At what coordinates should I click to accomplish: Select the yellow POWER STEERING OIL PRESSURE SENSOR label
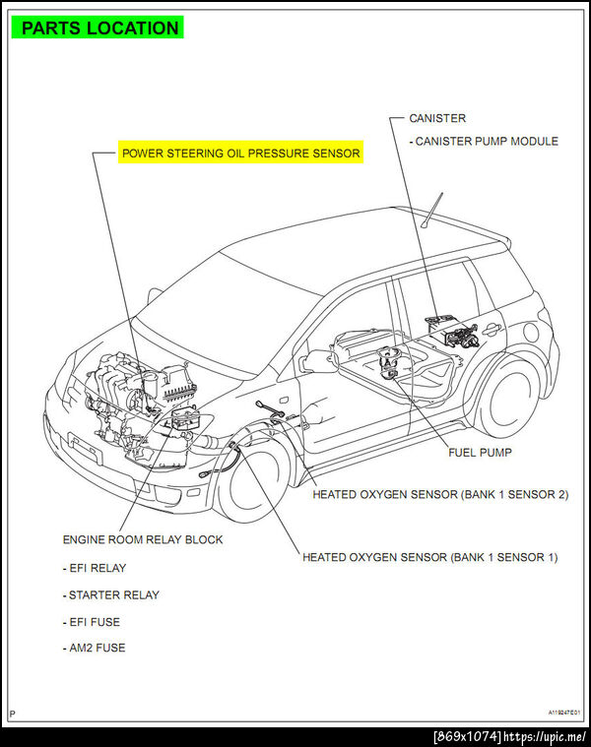[x=240, y=154]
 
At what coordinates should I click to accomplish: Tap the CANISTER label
[x=437, y=118]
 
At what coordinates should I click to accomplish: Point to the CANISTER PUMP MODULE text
[x=486, y=141]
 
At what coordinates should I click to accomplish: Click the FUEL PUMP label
[x=480, y=453]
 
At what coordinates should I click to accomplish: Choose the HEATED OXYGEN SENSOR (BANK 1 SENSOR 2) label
[x=440, y=494]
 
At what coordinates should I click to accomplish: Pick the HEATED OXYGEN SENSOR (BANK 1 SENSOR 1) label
[x=429, y=557]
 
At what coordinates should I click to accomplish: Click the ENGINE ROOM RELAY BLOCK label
[x=143, y=539]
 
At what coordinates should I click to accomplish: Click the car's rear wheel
[x=508, y=394]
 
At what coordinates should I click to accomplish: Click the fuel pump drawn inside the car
[x=391, y=366]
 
